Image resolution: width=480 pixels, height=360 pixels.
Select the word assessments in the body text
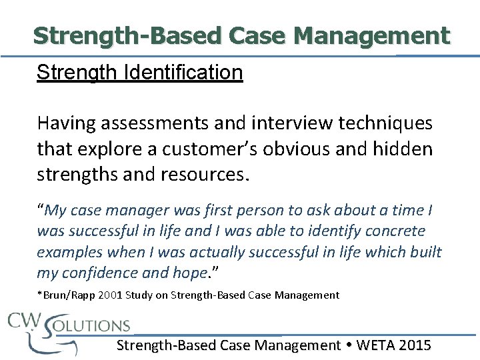click(135, 123)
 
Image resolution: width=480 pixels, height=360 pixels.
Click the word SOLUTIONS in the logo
click(89, 326)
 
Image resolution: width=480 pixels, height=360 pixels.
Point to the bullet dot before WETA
click(349, 345)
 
